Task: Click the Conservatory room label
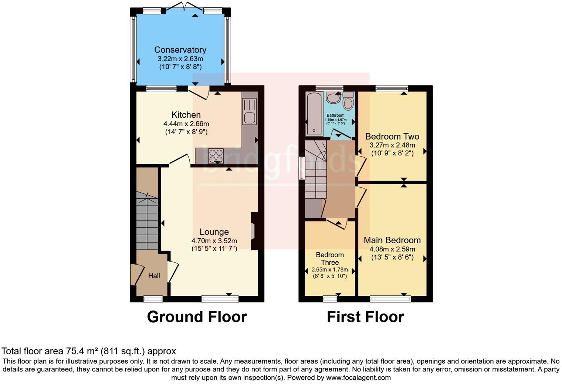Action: tap(180, 50)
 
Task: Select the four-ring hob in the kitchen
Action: tap(216, 155)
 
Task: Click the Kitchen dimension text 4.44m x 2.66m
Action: tap(186, 124)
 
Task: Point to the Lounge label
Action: tap(214, 232)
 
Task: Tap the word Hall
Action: tap(154, 276)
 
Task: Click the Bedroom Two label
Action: tap(392, 136)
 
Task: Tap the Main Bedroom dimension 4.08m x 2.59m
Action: tap(392, 249)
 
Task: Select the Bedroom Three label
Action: tap(330, 258)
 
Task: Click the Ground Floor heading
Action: tap(197, 317)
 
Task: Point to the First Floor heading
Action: tap(365, 317)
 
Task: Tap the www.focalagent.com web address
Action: tap(358, 377)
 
